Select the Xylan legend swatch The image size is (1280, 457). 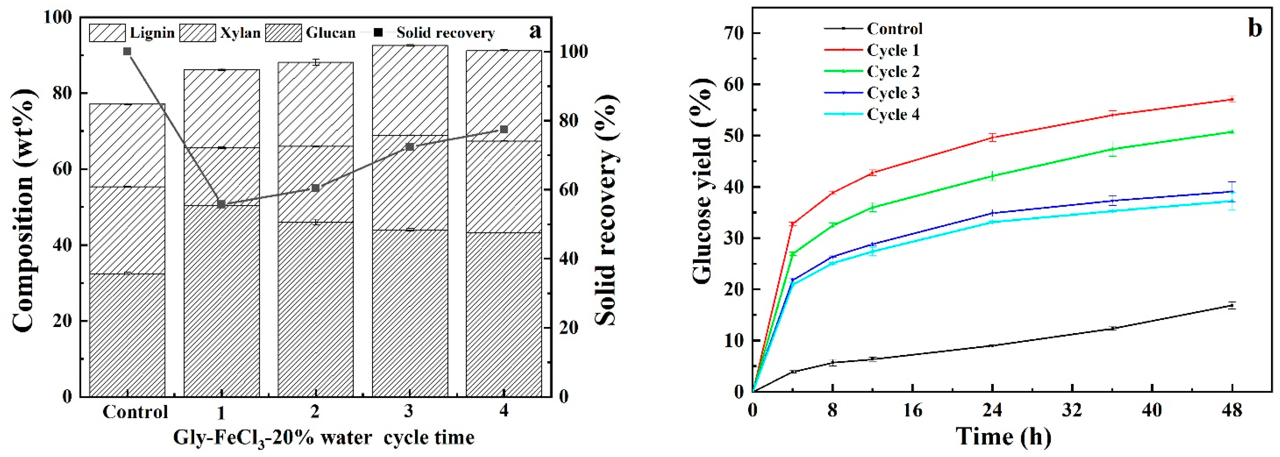click(197, 33)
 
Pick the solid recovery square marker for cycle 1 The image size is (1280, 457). click(222, 204)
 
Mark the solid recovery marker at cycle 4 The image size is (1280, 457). click(504, 129)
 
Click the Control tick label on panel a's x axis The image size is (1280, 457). click(135, 412)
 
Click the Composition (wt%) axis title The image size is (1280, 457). click(23, 209)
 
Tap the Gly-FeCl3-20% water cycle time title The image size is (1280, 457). click(323, 438)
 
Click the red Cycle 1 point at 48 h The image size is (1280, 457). click(1232, 99)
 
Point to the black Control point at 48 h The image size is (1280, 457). click(1232, 305)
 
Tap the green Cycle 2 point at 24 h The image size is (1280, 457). click(992, 176)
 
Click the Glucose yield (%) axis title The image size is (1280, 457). click(701, 209)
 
